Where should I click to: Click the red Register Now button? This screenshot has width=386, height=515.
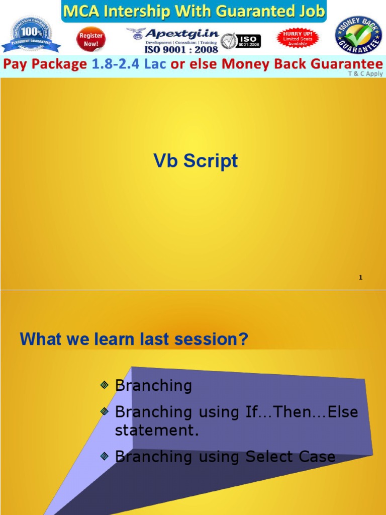click(x=91, y=40)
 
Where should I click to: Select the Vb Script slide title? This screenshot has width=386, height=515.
click(x=196, y=161)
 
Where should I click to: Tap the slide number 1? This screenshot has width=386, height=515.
click(x=361, y=278)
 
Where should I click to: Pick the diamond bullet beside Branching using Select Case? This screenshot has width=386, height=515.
click(x=104, y=456)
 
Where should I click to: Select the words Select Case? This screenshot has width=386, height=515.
click(x=290, y=457)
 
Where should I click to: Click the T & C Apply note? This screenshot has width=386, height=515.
click(x=365, y=73)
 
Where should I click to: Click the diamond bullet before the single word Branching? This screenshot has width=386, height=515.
click(x=104, y=385)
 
